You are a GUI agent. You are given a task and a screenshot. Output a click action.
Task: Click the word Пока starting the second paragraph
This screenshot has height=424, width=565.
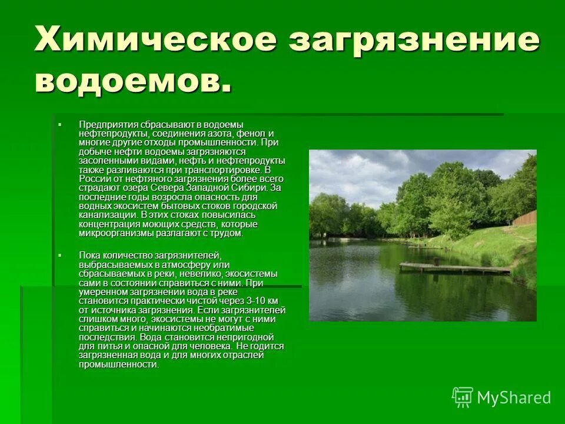(89, 255)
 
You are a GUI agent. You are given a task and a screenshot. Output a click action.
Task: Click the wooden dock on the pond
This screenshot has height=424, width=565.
(454, 268)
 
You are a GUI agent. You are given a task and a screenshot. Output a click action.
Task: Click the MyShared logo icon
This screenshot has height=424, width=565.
(463, 397)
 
